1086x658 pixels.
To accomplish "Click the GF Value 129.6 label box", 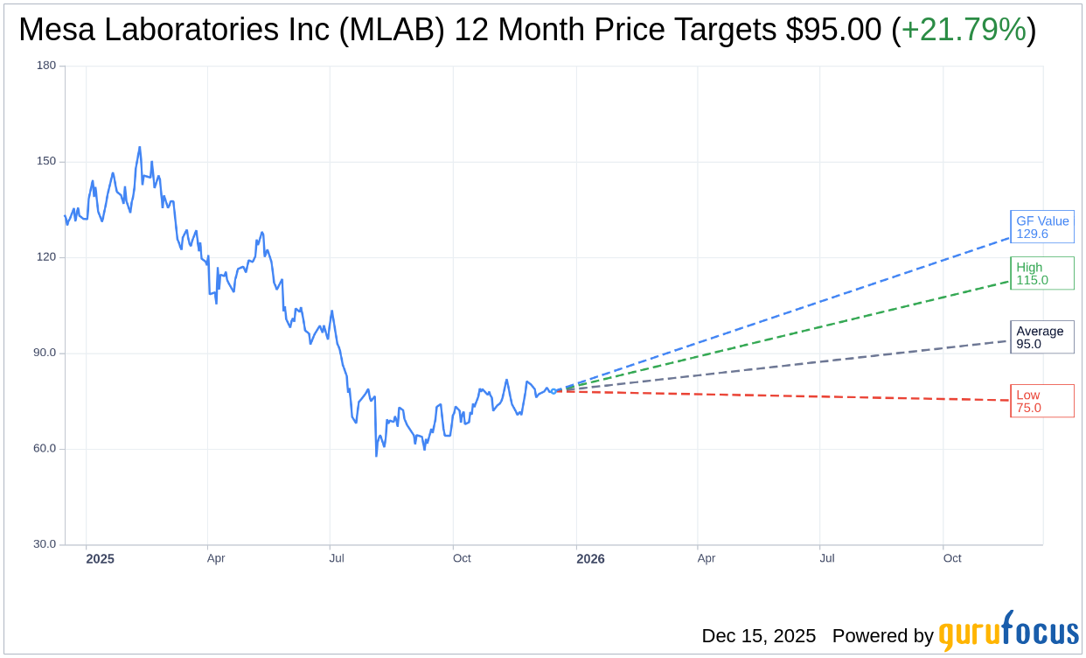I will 1041,227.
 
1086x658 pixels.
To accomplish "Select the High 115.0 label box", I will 1041,274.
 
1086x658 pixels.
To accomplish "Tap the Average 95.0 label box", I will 1041,337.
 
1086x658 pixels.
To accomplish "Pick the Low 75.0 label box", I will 1041,401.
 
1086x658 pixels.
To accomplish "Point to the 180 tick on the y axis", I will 46,66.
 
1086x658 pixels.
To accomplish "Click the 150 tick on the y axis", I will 46,161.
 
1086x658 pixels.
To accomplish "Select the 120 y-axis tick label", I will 46,257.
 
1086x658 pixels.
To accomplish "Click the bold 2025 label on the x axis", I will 100,558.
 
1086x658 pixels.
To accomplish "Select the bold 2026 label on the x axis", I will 590,558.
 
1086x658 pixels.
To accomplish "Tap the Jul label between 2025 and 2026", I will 337,558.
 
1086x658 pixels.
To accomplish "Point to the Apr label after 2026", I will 707,558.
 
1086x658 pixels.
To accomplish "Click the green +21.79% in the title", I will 964,31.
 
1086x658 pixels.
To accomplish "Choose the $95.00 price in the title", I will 833,31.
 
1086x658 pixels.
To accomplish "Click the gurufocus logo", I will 1008,632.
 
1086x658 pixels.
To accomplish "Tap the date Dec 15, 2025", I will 758,636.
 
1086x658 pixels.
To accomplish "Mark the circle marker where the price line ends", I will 553,391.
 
